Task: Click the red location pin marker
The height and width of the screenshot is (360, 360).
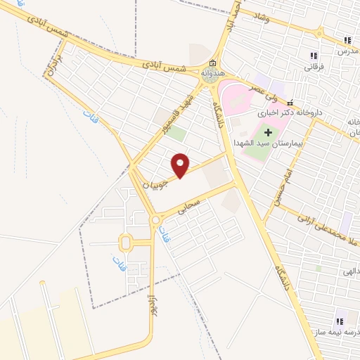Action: (x=181, y=165)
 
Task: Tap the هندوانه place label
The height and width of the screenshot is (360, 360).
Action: (x=213, y=74)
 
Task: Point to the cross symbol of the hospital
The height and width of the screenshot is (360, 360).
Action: (x=267, y=132)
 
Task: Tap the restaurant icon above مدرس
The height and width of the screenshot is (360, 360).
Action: (x=347, y=40)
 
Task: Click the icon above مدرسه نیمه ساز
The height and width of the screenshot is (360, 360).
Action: (x=340, y=319)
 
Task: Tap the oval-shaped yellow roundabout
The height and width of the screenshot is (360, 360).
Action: (x=126, y=243)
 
